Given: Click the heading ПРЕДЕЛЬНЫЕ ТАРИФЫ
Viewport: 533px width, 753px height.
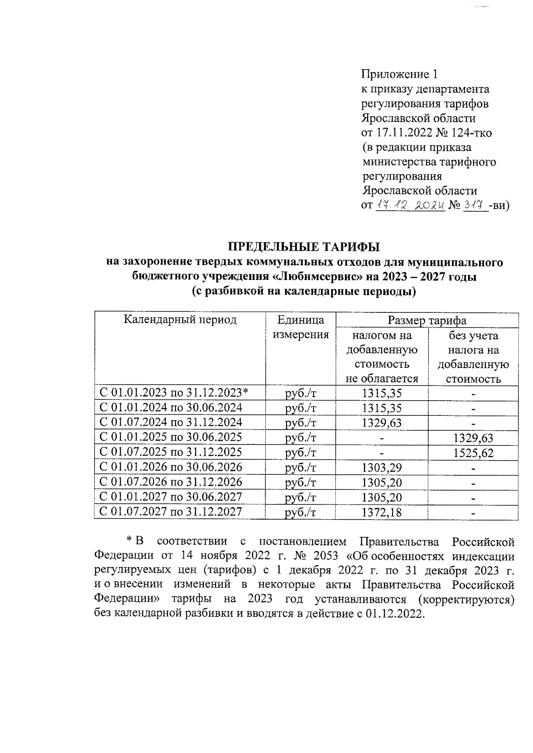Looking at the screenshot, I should [304, 247].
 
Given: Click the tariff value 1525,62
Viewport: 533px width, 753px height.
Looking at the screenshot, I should [473, 453].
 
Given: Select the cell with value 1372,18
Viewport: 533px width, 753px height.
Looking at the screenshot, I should [382, 513].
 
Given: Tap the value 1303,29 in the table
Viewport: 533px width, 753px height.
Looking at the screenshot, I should [382, 468].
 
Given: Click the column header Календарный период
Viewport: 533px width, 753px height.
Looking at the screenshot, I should [180, 320].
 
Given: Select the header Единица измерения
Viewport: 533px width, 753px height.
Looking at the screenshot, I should [301, 327].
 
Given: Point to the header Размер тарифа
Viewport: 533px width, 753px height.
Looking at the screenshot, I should [427, 320].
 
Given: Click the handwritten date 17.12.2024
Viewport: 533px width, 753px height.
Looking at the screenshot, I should [410, 205].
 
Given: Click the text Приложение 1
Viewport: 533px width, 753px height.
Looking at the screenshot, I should [400, 74].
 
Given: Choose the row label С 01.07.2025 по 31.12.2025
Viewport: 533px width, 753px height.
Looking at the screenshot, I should [171, 452].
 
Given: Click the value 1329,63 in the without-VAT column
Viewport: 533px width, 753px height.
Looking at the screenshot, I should [473, 438].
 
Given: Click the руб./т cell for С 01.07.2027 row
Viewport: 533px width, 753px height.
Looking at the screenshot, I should [301, 513].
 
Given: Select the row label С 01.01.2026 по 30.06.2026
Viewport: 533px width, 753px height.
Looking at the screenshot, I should [171, 467].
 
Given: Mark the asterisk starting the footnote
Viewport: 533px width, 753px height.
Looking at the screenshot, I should [129, 541].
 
